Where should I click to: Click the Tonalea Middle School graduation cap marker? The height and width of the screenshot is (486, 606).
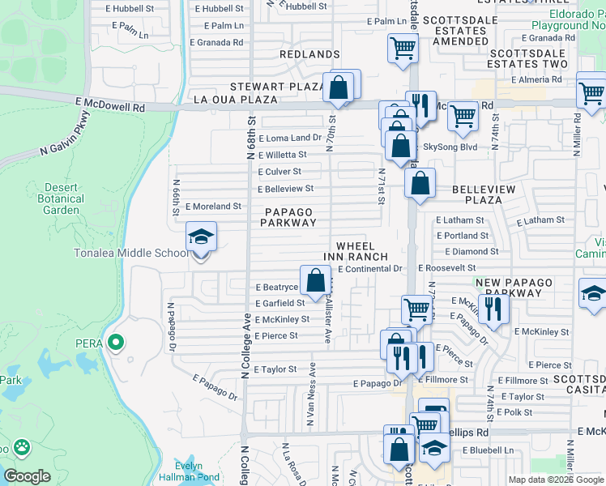point(201,237)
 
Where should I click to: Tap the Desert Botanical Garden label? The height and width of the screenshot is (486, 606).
point(62,198)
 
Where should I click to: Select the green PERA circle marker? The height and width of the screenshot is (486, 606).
point(115,343)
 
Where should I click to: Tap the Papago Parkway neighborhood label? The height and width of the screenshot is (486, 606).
point(288,217)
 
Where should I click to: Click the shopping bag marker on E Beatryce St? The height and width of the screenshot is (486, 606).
point(316,281)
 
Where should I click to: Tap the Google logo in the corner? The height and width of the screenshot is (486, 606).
point(27,476)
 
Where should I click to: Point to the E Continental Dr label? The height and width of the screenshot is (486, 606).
point(370,268)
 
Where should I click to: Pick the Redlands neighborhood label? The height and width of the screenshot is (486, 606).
point(309,54)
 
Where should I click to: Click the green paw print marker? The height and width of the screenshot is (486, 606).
point(21,446)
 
